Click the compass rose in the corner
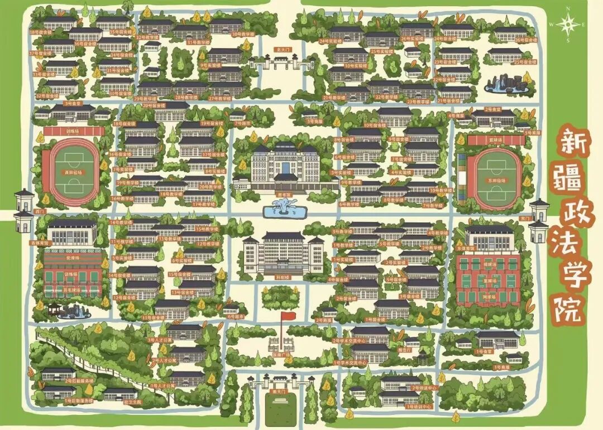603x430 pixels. point(568,24)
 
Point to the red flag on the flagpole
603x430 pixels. point(288,316)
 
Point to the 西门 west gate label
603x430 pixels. point(39,211)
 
